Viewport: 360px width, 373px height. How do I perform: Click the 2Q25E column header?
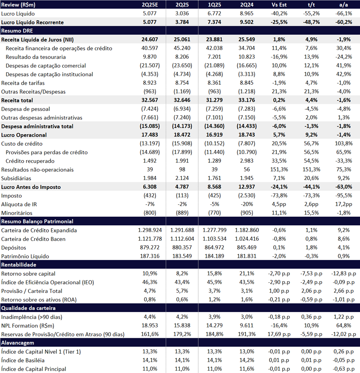click(150, 5)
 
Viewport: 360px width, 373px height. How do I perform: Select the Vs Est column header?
click(279, 5)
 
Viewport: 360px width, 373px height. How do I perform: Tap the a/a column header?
click(344, 5)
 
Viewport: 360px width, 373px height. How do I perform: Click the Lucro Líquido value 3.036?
click(182, 14)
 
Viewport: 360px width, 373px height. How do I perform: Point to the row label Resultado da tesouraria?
click(36, 57)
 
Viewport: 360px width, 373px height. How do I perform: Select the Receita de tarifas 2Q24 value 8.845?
click(247, 83)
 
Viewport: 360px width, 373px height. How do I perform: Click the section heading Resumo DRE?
click(17, 31)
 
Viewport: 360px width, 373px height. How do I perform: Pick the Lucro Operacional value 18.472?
click(182, 135)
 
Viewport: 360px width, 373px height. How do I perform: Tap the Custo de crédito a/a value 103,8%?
click(344, 143)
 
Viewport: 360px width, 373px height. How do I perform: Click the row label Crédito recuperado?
click(30, 161)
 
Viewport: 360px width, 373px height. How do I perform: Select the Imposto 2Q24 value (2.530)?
click(247, 196)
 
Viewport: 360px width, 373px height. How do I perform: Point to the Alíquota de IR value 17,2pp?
click(344, 204)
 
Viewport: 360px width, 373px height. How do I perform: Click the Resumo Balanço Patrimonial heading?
click(37, 221)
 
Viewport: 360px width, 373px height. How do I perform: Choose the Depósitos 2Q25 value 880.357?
click(182, 247)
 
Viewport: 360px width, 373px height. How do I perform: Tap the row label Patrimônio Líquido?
click(25, 257)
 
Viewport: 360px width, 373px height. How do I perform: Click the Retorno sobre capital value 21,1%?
click(247, 273)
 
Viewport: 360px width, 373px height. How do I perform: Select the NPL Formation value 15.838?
click(182, 325)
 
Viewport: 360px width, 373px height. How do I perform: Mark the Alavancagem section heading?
click(18, 343)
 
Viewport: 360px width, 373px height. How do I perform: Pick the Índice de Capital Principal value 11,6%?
click(247, 369)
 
